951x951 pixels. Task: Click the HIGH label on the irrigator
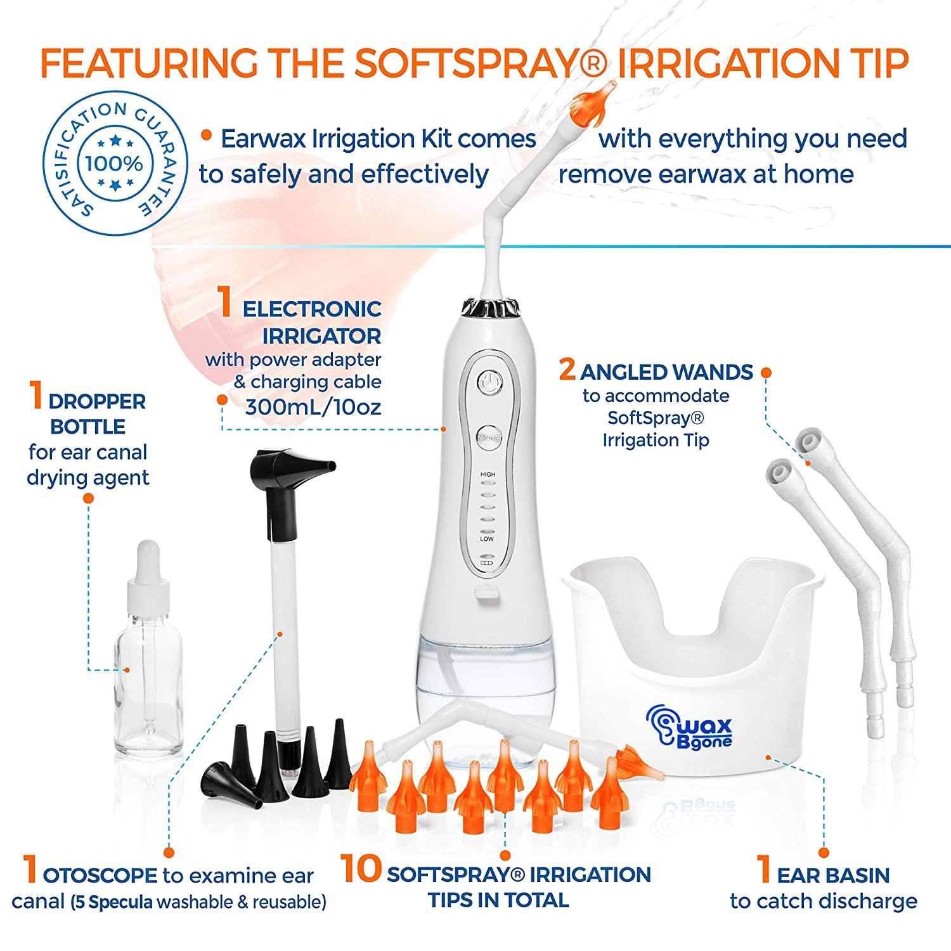(488, 475)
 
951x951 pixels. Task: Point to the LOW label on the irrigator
(487, 539)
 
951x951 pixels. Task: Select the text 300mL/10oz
(313, 406)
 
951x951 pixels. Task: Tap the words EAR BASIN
(833, 876)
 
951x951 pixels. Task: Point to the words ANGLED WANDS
(666, 372)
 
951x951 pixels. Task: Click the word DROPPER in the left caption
(97, 401)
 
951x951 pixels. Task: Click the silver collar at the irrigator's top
(486, 307)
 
